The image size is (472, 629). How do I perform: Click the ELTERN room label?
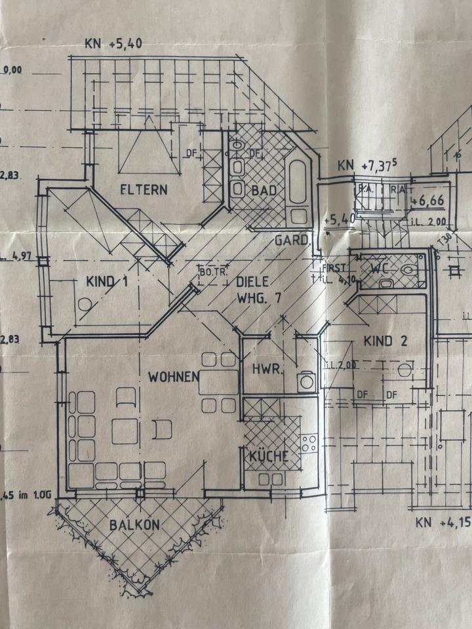click(144, 190)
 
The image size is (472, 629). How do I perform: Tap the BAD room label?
click(265, 191)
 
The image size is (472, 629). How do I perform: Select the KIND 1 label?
click(106, 282)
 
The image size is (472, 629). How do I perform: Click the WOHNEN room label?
click(173, 377)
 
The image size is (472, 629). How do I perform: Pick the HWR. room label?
click(268, 370)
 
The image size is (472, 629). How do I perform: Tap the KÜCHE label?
click(269, 457)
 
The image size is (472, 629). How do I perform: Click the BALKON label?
click(134, 525)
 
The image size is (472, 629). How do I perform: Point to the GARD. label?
click(291, 240)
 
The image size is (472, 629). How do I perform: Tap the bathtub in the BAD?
click(298, 181)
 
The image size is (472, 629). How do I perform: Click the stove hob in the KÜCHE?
click(309, 443)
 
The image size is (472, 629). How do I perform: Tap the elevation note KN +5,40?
click(113, 45)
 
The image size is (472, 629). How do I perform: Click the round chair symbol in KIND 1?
click(85, 305)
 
